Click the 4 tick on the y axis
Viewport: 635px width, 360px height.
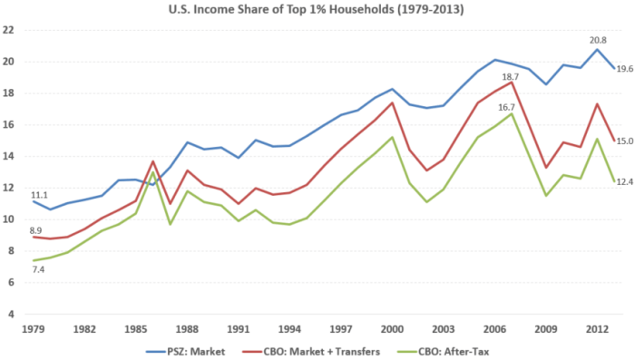tap(13, 314)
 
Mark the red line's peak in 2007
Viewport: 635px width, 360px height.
tap(511, 83)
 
